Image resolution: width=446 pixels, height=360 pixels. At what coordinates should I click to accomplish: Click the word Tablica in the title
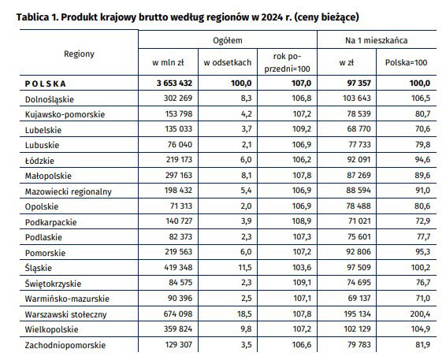[33, 17]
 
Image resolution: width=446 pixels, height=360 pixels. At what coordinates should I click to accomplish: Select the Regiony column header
[79, 54]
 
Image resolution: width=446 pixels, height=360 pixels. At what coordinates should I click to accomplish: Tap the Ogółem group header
[228, 40]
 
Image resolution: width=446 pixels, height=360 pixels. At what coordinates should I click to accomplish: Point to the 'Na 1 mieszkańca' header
[377, 40]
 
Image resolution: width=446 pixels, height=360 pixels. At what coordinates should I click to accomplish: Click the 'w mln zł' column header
[168, 62]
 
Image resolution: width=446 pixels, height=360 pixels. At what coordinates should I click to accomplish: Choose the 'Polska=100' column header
[406, 62]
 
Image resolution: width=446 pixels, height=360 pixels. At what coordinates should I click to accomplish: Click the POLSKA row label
[46, 84]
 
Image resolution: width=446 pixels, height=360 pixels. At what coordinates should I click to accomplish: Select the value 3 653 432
[174, 83]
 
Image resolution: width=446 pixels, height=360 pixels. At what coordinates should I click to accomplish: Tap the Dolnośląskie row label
[49, 99]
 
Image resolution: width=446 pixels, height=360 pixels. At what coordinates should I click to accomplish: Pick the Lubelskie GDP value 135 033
[179, 129]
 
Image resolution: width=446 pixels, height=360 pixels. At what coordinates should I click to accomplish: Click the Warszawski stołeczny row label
[65, 314]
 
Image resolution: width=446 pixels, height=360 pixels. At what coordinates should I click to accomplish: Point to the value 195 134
[357, 314]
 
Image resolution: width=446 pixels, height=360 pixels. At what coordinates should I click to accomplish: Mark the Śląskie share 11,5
[245, 268]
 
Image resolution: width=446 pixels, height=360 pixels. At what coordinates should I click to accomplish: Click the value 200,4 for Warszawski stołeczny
[420, 314]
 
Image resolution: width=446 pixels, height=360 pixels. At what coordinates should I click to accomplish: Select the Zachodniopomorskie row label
[65, 345]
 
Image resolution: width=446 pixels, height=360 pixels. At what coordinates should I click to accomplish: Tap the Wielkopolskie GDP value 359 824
[178, 329]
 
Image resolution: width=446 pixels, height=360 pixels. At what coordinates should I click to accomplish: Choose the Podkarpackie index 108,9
[302, 221]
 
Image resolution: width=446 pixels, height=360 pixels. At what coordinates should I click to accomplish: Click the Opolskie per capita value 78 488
[359, 206]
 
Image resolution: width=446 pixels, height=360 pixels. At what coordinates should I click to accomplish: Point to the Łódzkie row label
[39, 161]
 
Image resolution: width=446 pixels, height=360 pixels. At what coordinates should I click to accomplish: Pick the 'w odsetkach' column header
[228, 62]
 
